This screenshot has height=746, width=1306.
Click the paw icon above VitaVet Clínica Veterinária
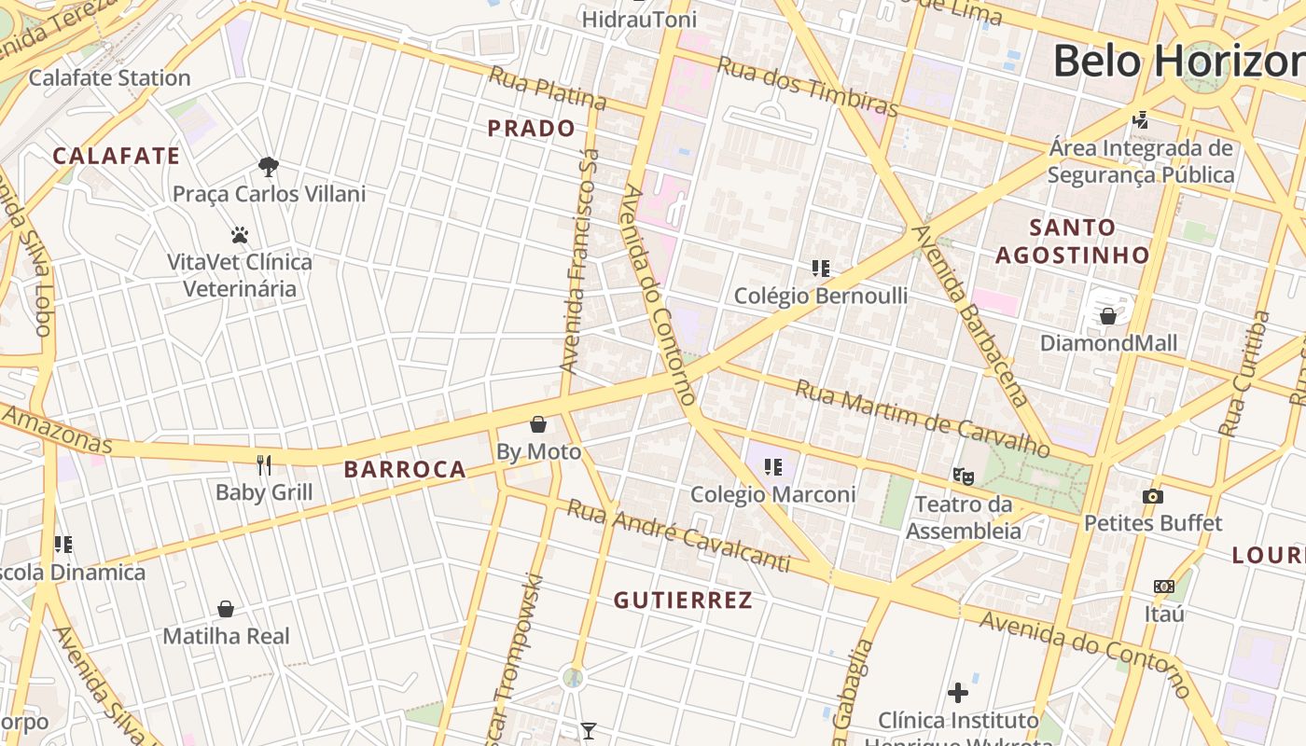[240, 235]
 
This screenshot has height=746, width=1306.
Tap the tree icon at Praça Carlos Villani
[269, 167]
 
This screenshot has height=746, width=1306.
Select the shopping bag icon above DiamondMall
[1108, 316]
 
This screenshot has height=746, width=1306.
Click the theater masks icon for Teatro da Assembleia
[964, 477]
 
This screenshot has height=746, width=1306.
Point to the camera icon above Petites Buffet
[1153, 496]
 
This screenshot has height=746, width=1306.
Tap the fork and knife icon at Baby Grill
[264, 464]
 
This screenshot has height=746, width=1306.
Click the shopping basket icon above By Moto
[538, 425]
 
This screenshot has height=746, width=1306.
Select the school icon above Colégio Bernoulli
[821, 269]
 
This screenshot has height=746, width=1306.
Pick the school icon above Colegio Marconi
[772, 466]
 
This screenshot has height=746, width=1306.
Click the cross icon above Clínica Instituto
[958, 693]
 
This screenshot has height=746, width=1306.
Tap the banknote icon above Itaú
[1163, 587]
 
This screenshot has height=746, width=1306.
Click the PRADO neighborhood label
[532, 129]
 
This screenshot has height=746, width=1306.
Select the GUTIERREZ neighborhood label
[683, 601]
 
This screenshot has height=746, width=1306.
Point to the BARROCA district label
[405, 469]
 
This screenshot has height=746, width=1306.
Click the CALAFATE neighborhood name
[117, 156]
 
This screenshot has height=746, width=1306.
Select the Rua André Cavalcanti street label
[679, 536]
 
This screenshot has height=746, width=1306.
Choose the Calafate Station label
[109, 77]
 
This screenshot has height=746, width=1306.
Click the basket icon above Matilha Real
[226, 609]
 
